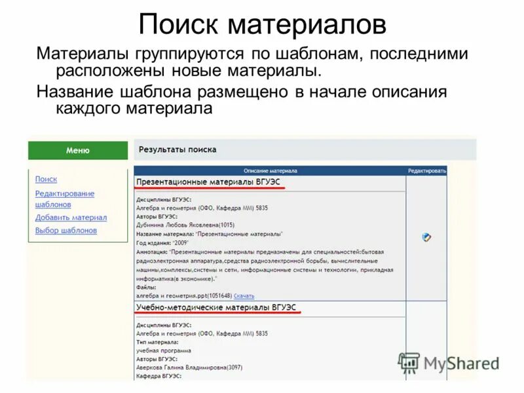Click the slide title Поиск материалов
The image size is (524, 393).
(x=262, y=26)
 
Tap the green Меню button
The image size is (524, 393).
(x=78, y=150)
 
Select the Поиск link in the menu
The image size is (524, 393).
(x=46, y=179)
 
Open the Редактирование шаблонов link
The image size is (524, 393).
(x=64, y=198)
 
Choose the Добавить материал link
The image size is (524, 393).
(x=71, y=217)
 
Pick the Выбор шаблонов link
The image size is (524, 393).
(x=65, y=231)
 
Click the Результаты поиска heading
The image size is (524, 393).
(x=178, y=149)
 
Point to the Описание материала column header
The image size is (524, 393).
(x=270, y=170)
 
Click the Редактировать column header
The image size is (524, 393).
(x=427, y=170)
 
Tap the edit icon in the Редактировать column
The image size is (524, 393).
(x=426, y=237)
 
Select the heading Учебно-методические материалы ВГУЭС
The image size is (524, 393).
(x=216, y=307)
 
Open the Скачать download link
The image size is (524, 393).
(x=244, y=296)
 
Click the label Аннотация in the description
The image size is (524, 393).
(x=151, y=252)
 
